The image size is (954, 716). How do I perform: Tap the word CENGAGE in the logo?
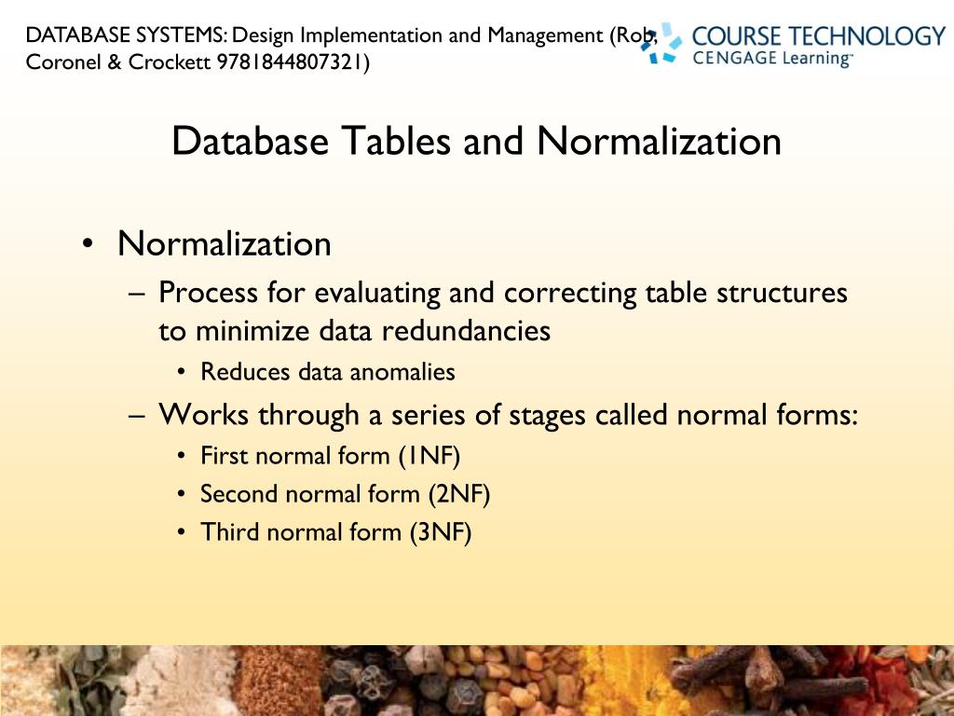731,58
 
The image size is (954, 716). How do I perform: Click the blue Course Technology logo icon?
663,43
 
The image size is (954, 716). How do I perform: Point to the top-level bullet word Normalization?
224,244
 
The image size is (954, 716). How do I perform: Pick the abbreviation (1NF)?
429,456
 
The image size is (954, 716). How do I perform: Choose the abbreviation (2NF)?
458,494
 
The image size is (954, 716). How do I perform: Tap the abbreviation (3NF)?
440,532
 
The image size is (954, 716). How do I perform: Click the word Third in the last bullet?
224,532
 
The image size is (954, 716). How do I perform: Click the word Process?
208,293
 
